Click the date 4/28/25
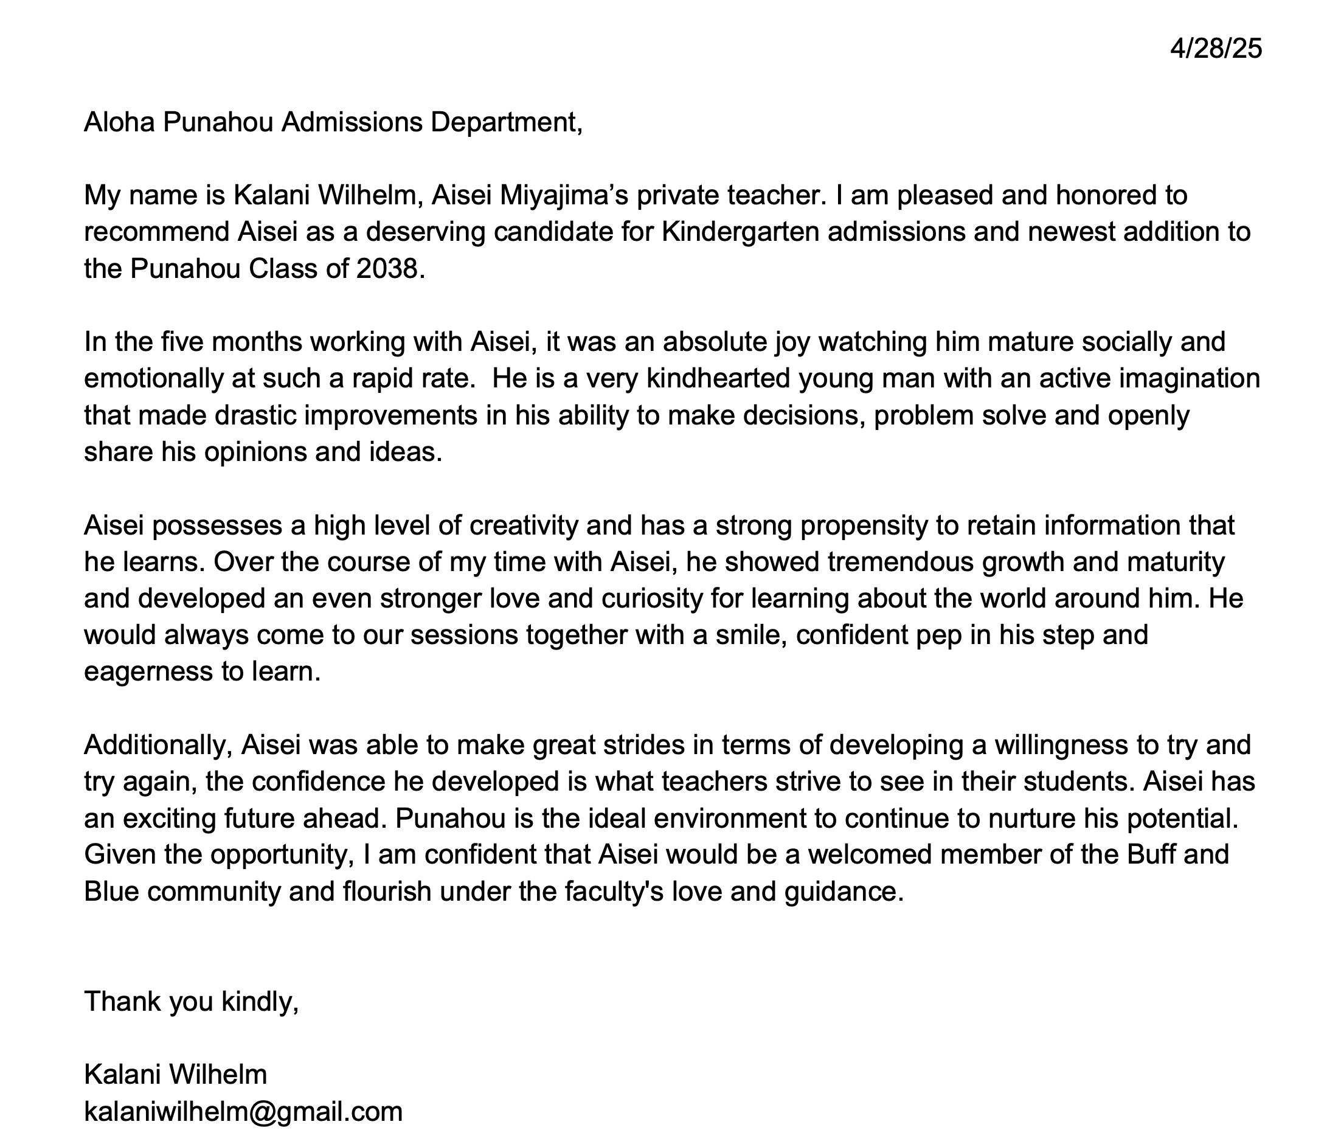coord(1216,49)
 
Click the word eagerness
coord(148,672)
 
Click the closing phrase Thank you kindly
coord(191,1001)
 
